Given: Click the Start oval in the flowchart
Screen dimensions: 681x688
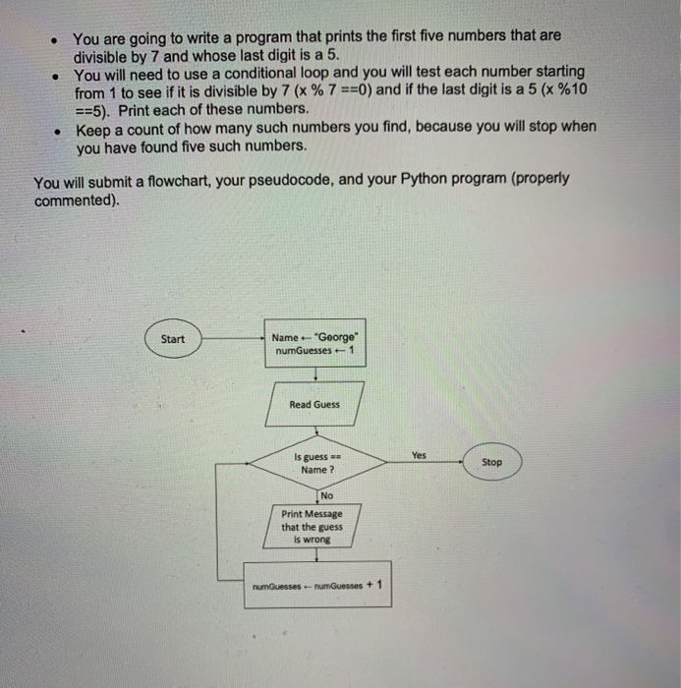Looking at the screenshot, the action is coord(172,339).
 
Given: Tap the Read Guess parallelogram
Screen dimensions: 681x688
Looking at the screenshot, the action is coord(313,405).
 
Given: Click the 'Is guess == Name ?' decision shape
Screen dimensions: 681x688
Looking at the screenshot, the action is coord(315,463).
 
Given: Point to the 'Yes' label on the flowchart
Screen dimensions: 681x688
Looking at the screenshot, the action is coord(420,456).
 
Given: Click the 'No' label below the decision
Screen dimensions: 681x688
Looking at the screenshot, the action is coord(326,495).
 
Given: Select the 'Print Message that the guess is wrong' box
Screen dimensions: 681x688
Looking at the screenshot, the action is coord(312,527).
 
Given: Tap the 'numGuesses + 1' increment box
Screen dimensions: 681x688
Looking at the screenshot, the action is coord(316,585).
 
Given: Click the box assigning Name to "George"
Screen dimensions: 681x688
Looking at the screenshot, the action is coord(314,344).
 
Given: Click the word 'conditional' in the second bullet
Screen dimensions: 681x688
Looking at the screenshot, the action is coord(256,73).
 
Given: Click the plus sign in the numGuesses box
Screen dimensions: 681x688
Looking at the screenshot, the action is coord(369,583).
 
